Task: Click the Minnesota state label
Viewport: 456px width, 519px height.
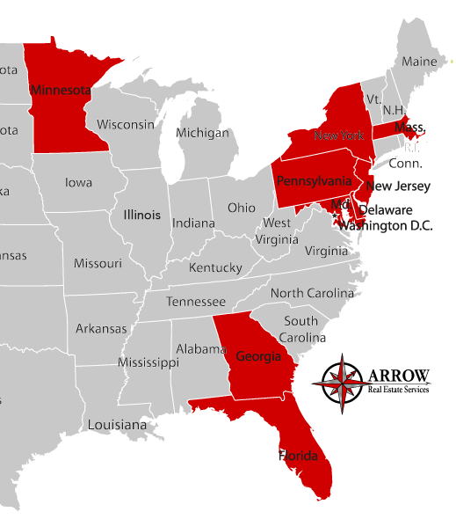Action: (61, 90)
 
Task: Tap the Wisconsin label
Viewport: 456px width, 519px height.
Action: (126, 124)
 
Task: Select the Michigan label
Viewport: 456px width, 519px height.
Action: (202, 133)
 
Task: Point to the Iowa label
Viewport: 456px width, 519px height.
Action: (78, 183)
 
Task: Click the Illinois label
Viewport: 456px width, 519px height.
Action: (141, 214)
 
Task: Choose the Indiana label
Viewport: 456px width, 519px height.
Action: (193, 223)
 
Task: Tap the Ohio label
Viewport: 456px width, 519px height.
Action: (242, 208)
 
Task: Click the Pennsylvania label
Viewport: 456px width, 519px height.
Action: (314, 181)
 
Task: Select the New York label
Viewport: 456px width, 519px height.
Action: (338, 135)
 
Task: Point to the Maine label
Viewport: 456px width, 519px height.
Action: (419, 62)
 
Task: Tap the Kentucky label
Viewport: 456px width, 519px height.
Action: (215, 267)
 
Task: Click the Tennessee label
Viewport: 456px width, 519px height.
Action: (196, 302)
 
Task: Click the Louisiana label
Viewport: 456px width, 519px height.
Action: (117, 425)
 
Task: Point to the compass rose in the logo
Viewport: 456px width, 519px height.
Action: (341, 380)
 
